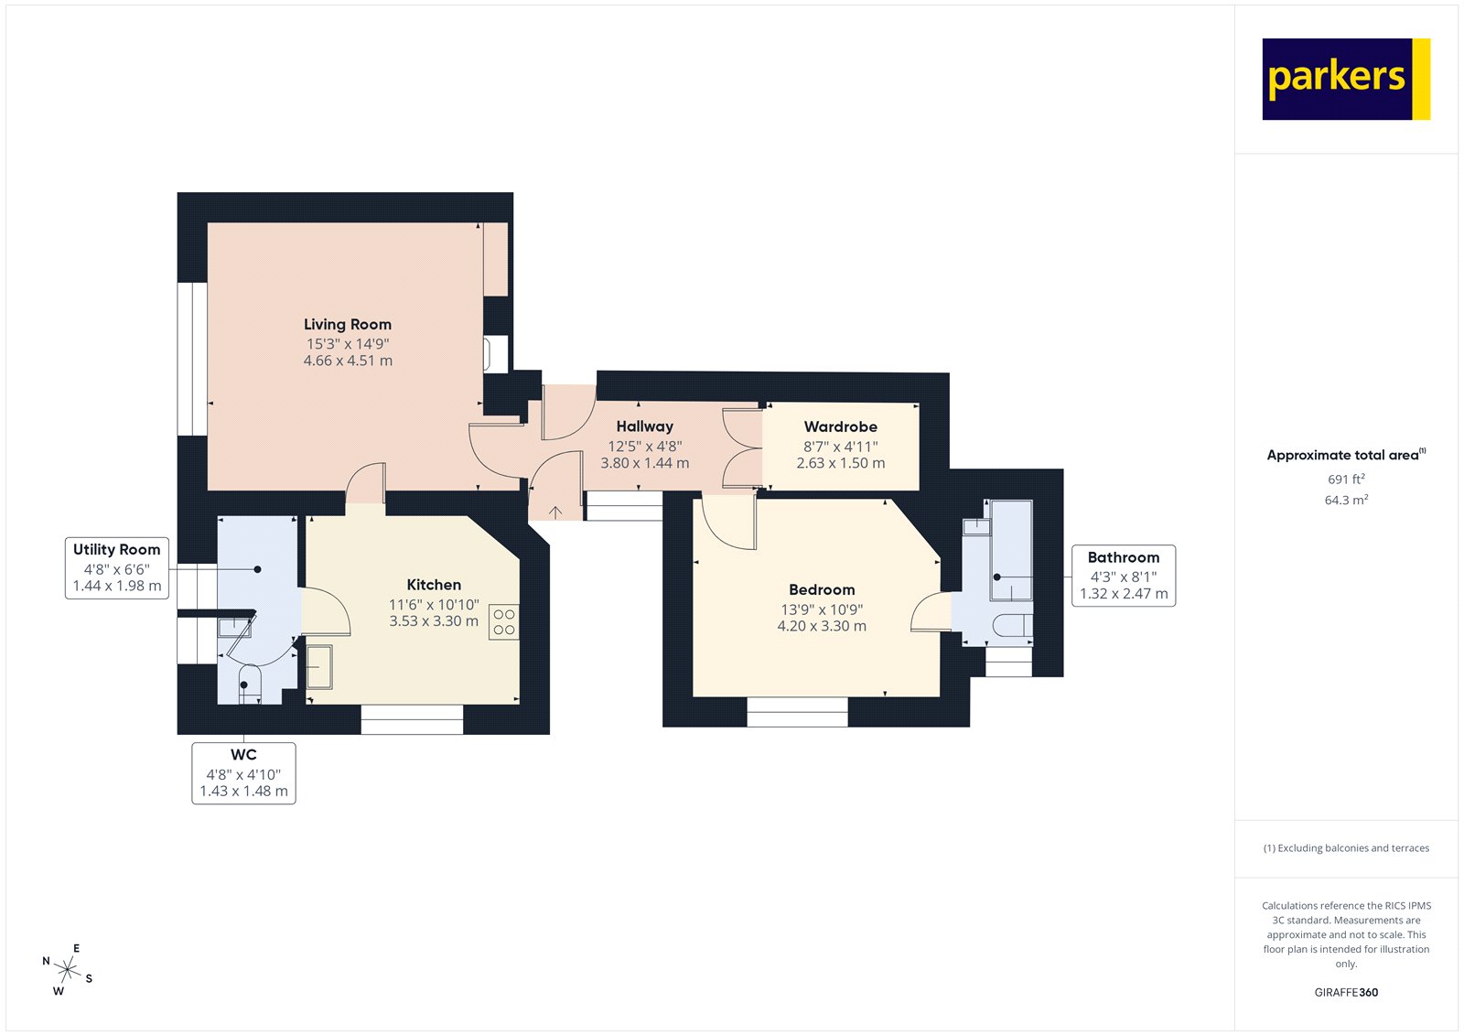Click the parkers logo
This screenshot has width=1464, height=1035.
point(1345,79)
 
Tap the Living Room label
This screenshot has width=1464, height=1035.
point(348,324)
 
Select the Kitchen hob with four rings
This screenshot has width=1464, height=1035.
point(503,622)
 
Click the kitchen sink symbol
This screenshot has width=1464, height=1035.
point(319,666)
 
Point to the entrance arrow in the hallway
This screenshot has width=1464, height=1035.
point(555,511)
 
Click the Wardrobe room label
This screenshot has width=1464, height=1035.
point(840,426)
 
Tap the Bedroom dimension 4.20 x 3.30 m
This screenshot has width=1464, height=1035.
point(822,626)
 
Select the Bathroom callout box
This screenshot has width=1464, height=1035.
point(1124,576)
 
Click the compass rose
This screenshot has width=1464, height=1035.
point(67,969)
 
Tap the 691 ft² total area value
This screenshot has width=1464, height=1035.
point(1346,479)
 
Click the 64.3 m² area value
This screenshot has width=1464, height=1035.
point(1346,500)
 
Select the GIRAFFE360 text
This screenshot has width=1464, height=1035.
point(1346,992)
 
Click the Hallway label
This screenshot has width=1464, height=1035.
point(644,426)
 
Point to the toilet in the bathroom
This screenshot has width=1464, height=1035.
point(1010,625)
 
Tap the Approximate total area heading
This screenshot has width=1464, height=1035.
point(1345,455)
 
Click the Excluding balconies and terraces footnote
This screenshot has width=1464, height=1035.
point(1346,848)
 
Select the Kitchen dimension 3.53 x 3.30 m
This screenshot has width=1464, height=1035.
point(434,620)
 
